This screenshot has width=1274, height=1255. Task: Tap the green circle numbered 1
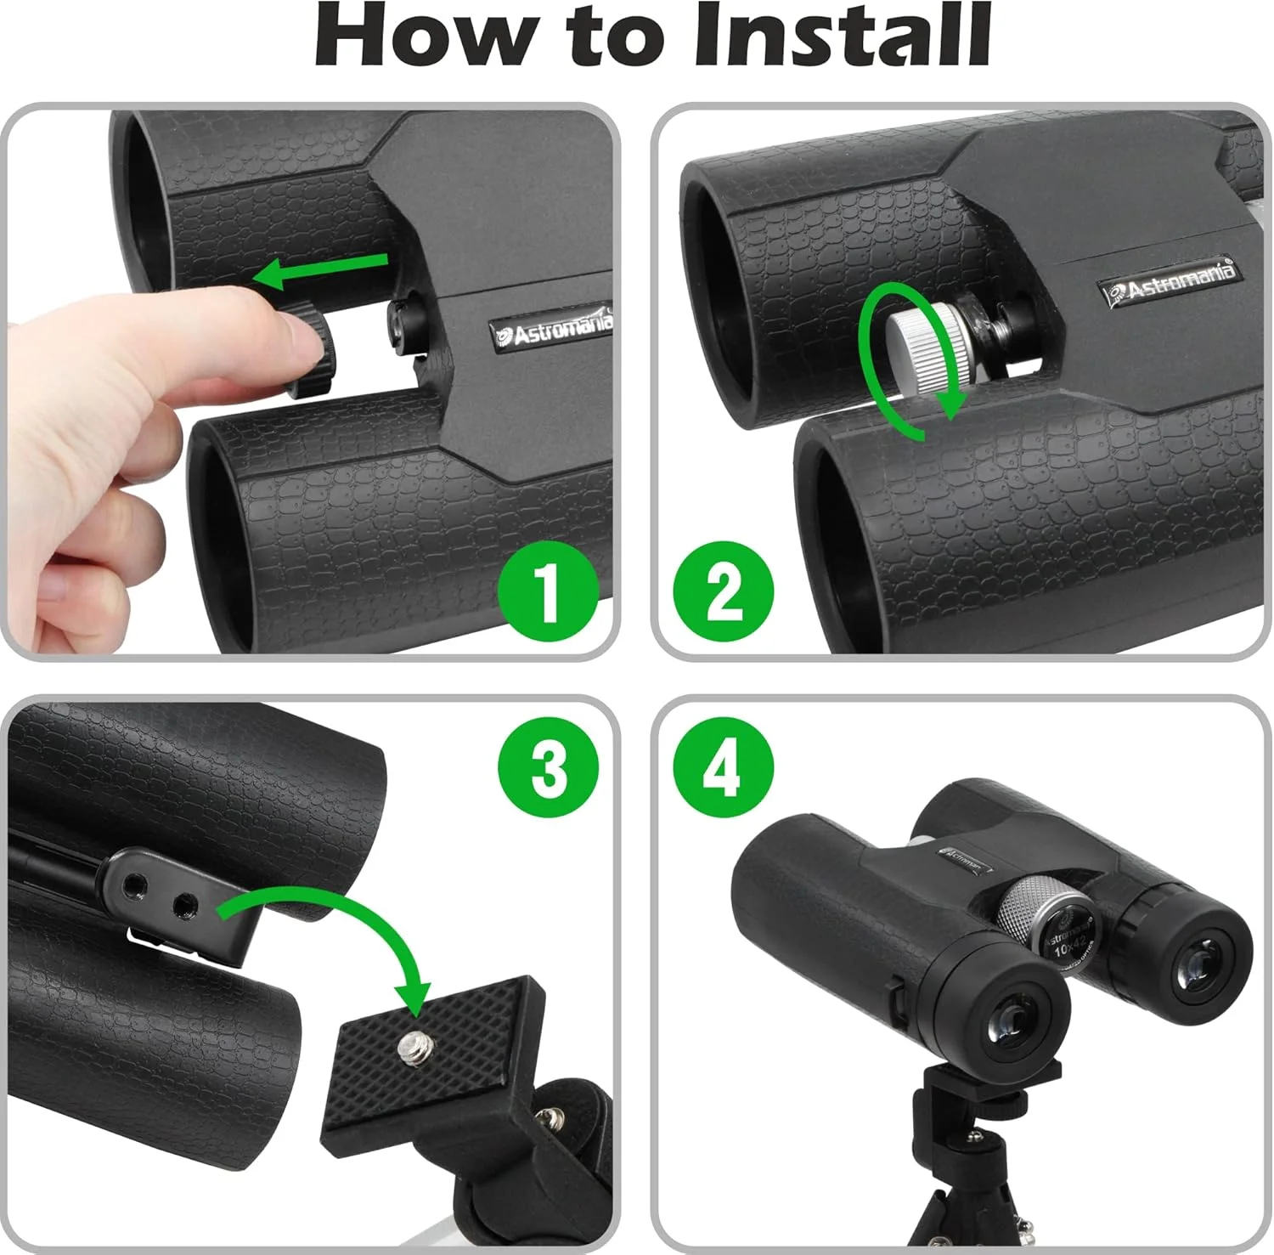[549, 591]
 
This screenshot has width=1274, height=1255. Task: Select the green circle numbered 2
[724, 591]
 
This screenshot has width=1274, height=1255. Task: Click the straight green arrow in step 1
[323, 270]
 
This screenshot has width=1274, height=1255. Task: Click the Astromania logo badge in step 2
[1169, 281]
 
